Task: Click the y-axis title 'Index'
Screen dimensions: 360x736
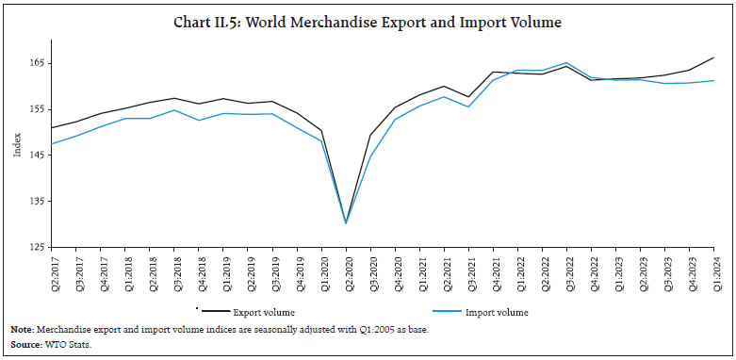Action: pyautogui.click(x=16, y=151)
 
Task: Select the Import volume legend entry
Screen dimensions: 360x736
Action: pyautogui.click(x=491, y=312)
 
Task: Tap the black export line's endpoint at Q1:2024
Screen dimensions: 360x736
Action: pyautogui.click(x=713, y=57)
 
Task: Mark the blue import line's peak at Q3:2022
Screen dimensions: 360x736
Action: pyautogui.click(x=566, y=63)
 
